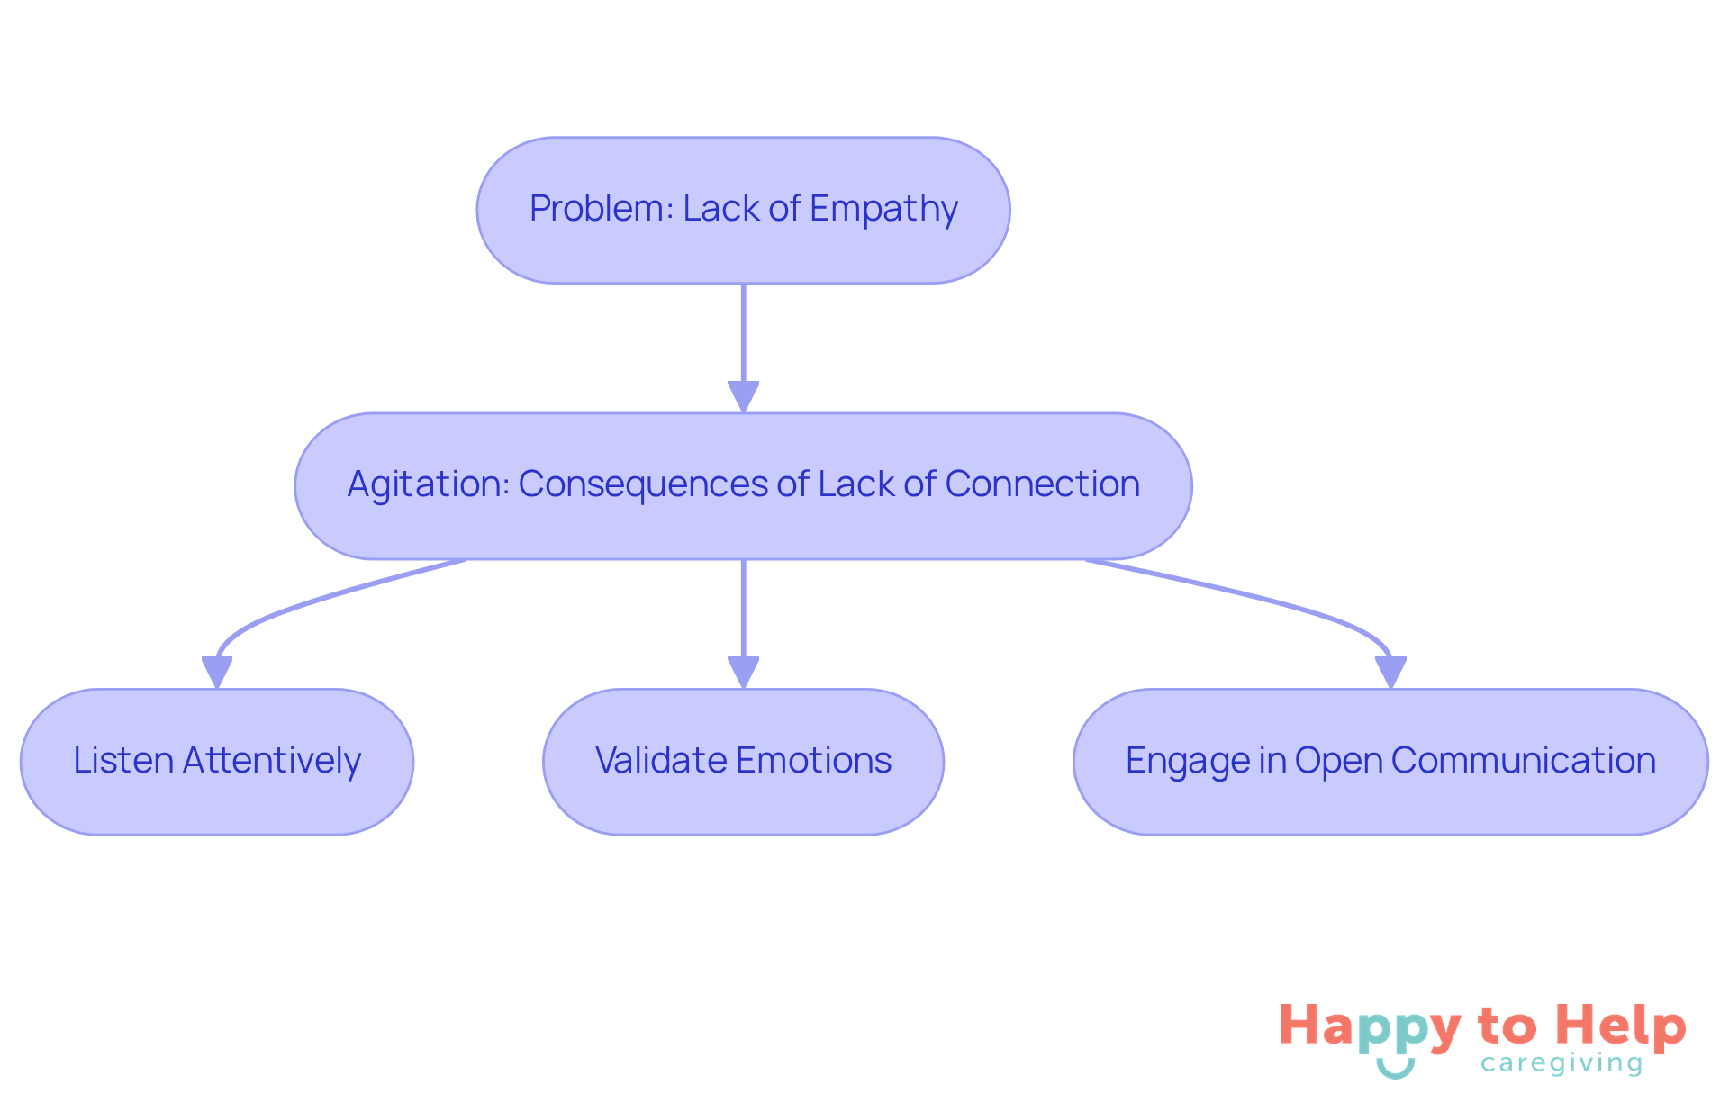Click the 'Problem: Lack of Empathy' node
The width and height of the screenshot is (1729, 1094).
(x=743, y=210)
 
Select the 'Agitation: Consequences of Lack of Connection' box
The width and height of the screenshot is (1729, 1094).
(x=743, y=485)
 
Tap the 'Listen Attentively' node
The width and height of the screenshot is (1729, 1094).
(x=217, y=762)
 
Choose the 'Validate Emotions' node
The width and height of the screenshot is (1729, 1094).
(x=743, y=762)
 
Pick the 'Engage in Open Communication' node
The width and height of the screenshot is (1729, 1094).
(x=1390, y=762)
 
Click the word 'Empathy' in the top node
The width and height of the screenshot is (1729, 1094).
(x=883, y=210)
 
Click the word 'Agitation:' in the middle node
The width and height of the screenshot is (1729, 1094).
(x=429, y=484)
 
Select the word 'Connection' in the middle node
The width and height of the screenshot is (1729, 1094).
(x=1042, y=484)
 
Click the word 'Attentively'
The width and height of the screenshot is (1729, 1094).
(x=271, y=762)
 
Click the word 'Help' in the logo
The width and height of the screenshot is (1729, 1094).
(x=1621, y=1026)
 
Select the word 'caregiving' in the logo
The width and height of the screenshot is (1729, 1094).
(x=1562, y=1064)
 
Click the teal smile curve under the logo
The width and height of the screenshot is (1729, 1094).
(x=1395, y=1070)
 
